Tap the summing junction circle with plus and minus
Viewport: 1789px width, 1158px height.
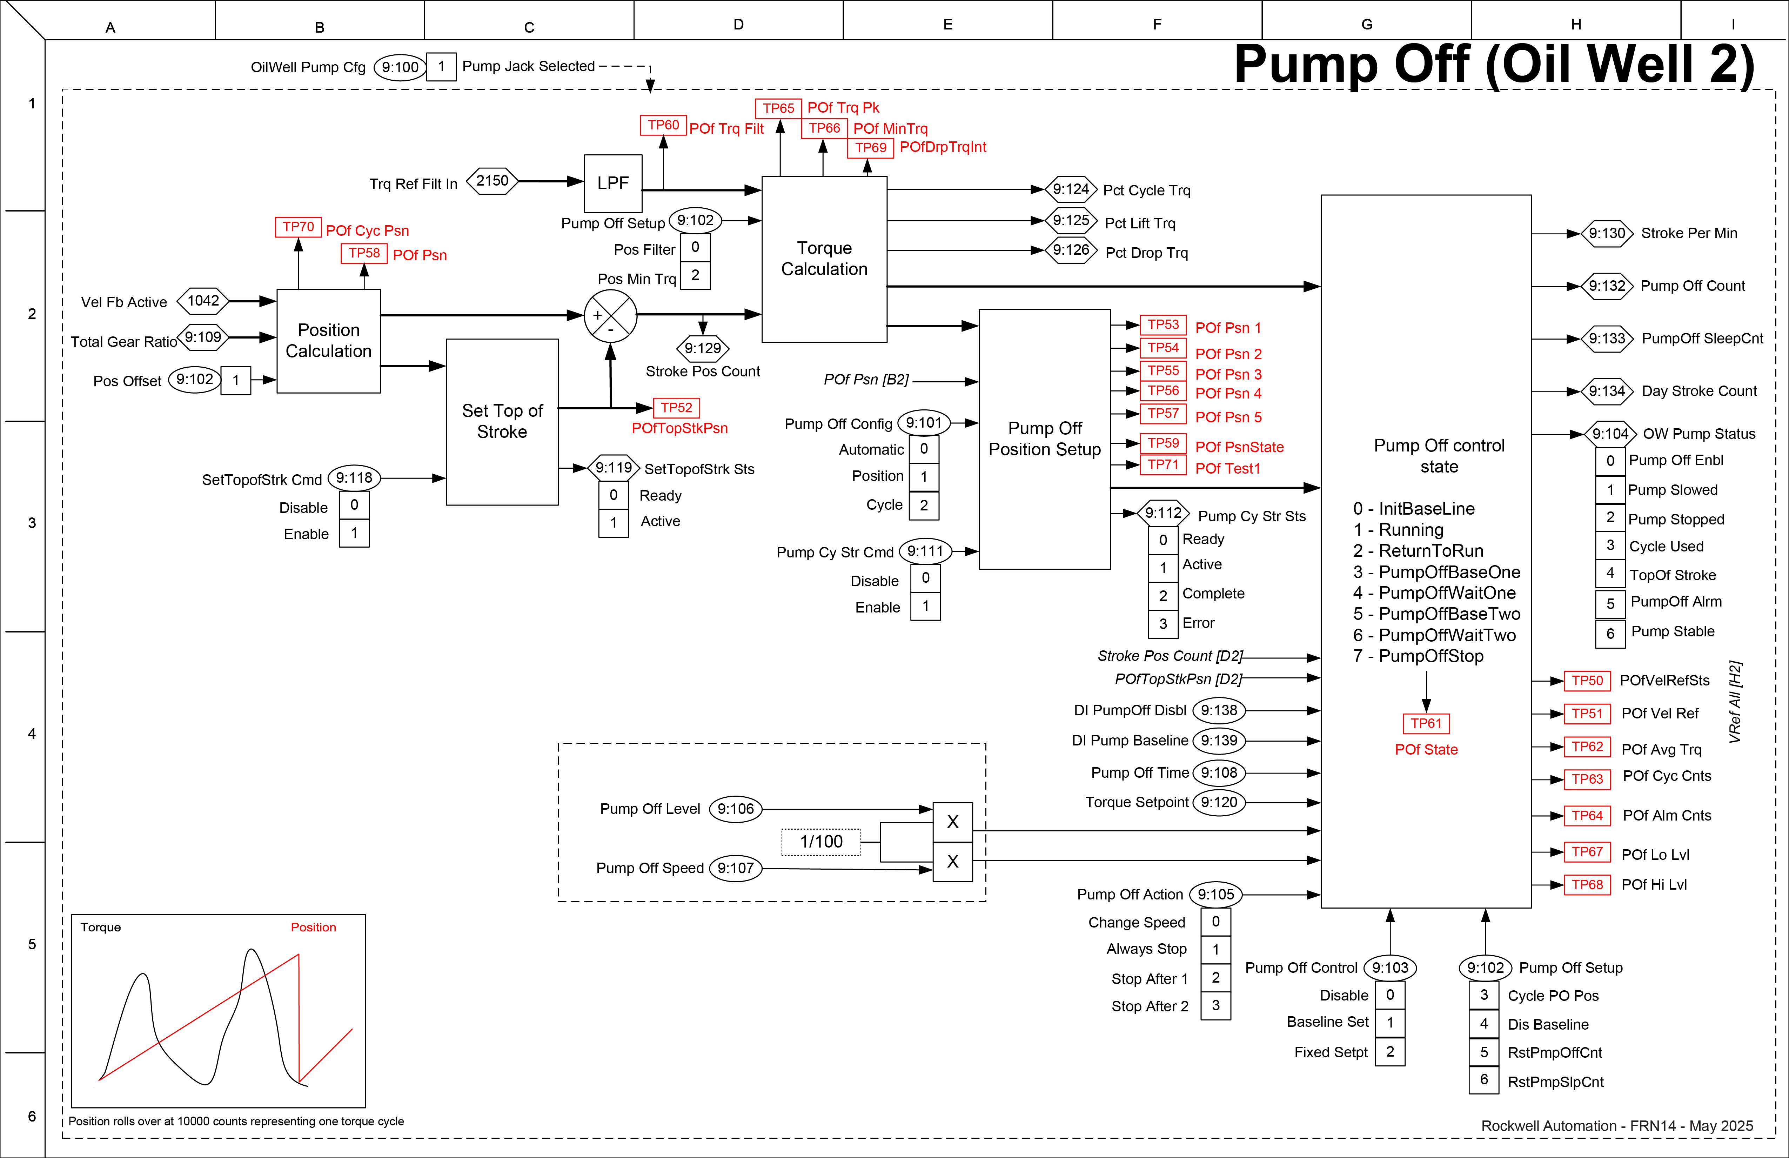[x=610, y=316]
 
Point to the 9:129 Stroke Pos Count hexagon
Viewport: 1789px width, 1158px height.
[x=703, y=348]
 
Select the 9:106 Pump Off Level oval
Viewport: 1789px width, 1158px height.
[x=735, y=809]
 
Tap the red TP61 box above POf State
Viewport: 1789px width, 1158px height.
[x=1426, y=723]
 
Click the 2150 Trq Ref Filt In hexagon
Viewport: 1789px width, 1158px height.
[x=493, y=181]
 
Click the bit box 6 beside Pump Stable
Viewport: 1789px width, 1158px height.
[x=1610, y=633]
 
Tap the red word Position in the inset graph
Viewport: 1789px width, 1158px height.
[x=314, y=927]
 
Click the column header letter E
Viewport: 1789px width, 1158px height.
[x=948, y=25]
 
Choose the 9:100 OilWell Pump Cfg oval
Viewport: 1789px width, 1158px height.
[x=400, y=67]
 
